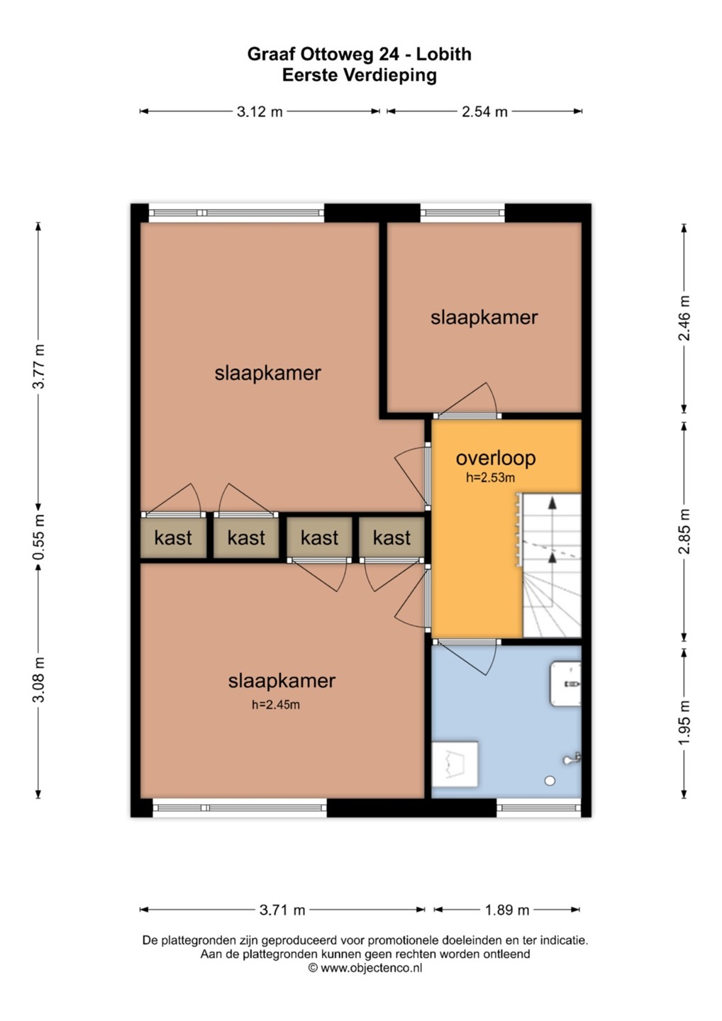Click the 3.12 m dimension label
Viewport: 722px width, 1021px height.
pos(260,111)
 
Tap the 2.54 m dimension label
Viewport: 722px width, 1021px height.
pos(484,111)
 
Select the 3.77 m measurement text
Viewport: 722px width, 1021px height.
pos(38,366)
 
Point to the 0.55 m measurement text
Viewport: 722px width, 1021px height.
pos(38,537)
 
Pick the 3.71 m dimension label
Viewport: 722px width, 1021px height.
pos(282,910)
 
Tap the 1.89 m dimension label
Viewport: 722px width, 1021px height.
pos(507,910)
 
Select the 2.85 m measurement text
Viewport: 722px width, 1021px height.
pos(684,532)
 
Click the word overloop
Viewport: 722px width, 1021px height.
pos(496,458)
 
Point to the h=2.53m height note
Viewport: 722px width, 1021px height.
pos(490,478)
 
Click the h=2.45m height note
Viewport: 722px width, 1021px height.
pos(276,705)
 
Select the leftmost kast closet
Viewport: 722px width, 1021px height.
pos(173,538)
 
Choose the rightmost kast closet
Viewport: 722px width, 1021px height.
pos(391,538)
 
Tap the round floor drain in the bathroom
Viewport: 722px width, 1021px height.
pos(550,781)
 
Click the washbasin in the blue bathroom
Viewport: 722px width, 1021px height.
pos(565,684)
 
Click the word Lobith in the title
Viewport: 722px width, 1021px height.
pos(444,54)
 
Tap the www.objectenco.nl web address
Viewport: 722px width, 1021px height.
pos(371,968)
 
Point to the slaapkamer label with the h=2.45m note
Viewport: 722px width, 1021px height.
pos(282,681)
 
